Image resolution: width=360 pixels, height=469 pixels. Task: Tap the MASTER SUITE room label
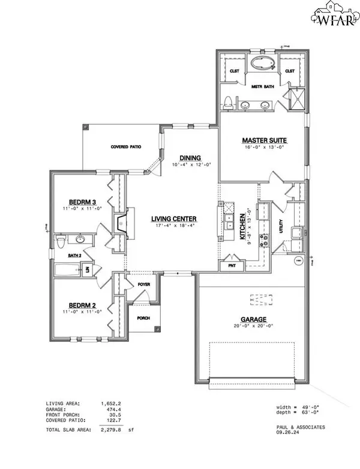265,140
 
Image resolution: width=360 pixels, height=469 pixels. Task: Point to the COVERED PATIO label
125,146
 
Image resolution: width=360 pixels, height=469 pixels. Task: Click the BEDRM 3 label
80,201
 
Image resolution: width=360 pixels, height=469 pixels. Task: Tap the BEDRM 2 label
80,305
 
